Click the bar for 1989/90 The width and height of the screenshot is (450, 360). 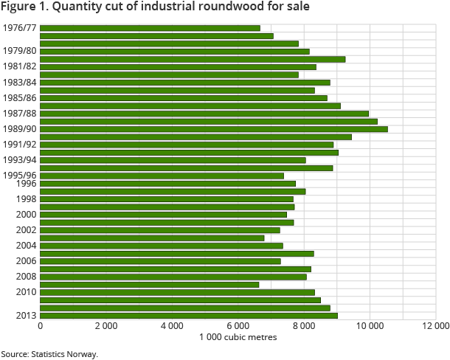(x=214, y=129)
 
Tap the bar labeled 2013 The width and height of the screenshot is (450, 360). (x=189, y=316)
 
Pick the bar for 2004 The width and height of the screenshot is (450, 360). (x=162, y=246)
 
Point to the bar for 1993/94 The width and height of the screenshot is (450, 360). (x=173, y=160)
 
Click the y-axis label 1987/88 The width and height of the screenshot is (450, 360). (x=19, y=113)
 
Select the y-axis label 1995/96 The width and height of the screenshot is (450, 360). (x=19, y=175)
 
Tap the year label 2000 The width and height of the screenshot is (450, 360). (x=26, y=215)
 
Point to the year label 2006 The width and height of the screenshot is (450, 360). (x=26, y=261)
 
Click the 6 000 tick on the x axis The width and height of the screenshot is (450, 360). (x=238, y=326)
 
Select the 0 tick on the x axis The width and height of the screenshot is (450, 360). (x=40, y=326)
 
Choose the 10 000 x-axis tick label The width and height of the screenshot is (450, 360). (x=369, y=326)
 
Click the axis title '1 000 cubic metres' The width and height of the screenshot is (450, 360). (x=238, y=338)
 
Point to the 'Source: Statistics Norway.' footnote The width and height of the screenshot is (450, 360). (x=49, y=354)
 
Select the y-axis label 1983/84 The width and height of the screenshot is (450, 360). (x=19, y=82)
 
